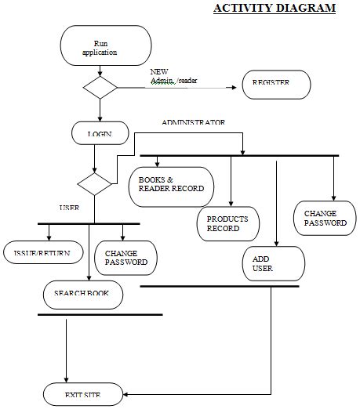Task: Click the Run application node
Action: tap(106, 45)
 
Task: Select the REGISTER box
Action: tap(276, 85)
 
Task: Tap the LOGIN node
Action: tap(100, 133)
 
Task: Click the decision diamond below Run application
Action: tap(100, 88)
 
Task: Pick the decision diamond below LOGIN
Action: tap(94, 184)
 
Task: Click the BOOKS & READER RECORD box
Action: tap(171, 187)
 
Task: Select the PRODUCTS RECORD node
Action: tap(228, 224)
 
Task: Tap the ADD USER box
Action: tap(274, 263)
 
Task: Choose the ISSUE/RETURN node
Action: tap(43, 252)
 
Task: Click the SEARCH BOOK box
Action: tap(83, 295)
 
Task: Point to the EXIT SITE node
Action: tap(83, 394)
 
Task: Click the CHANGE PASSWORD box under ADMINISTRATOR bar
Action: tap(325, 218)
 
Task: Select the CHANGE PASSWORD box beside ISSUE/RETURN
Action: tap(125, 258)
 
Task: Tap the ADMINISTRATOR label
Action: tap(193, 122)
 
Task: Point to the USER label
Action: tap(69, 208)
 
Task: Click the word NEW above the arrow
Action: tap(159, 71)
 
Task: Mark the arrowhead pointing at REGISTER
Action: tap(235, 88)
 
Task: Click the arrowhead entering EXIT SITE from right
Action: tap(125, 394)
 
